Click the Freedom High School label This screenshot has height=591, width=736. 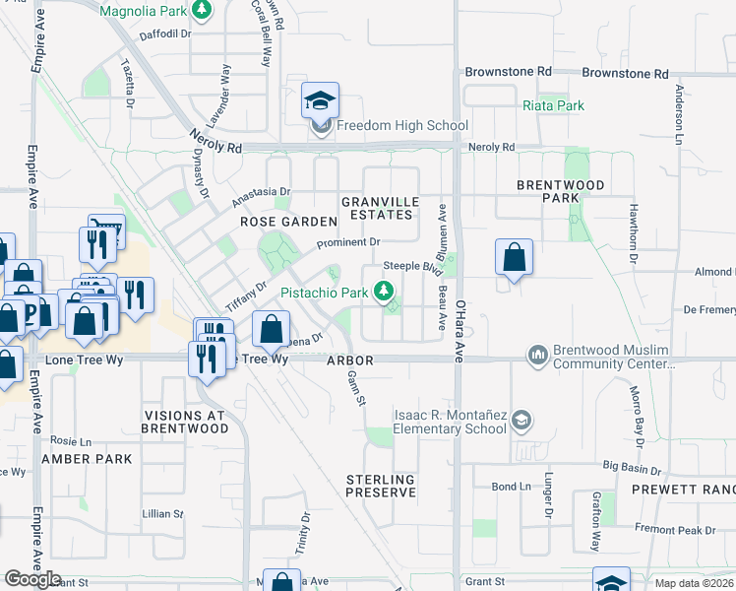(x=401, y=125)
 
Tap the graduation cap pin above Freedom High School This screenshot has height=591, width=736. (x=320, y=101)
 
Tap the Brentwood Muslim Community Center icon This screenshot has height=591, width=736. (x=537, y=353)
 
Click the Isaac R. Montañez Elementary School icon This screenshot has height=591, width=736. (x=521, y=421)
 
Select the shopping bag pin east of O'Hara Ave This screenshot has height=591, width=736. (x=514, y=259)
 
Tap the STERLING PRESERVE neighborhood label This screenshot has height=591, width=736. (x=380, y=486)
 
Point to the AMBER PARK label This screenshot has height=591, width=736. (x=88, y=459)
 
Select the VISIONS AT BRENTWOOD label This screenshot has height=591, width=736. (x=185, y=422)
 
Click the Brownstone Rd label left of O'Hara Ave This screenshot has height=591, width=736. (x=508, y=72)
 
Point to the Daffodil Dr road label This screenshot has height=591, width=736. (x=164, y=33)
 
